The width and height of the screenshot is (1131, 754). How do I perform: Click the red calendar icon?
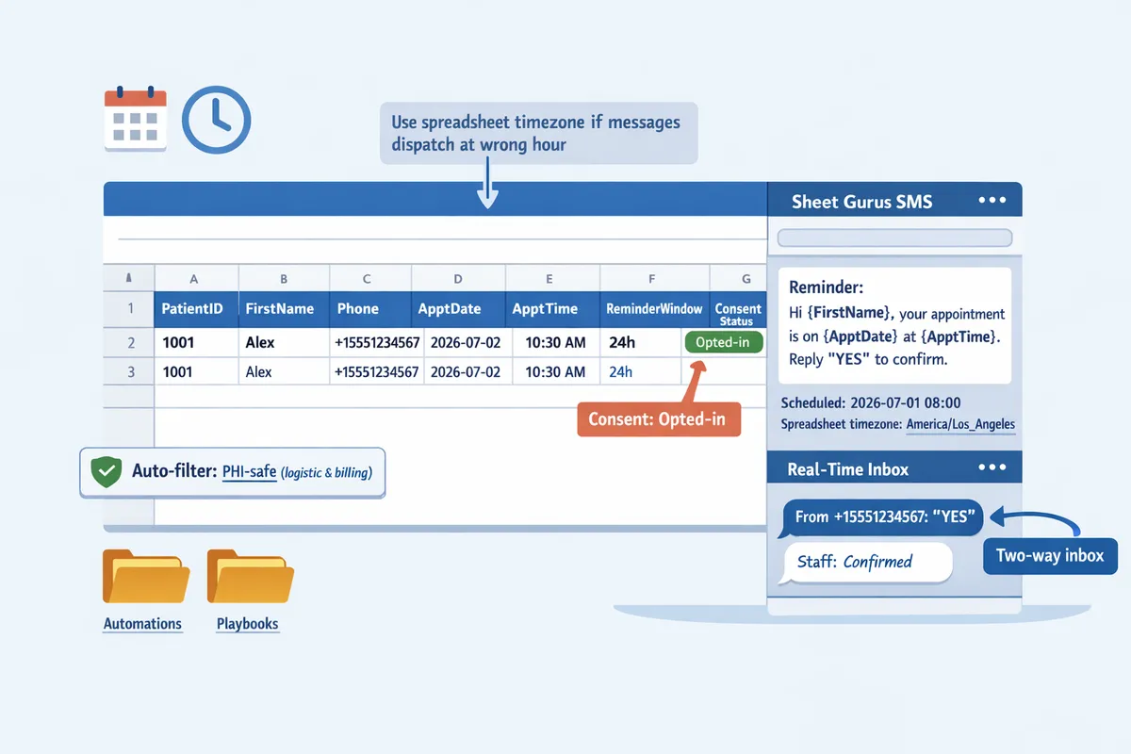point(136,119)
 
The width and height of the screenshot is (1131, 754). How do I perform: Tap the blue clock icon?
point(216,120)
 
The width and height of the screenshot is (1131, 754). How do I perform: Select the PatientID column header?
point(192,308)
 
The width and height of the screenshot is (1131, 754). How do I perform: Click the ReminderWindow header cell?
point(654,308)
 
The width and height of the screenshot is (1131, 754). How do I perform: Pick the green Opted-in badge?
point(723,342)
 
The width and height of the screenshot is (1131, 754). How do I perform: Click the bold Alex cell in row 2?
point(259,342)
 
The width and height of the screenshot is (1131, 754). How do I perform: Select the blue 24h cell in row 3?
point(620,372)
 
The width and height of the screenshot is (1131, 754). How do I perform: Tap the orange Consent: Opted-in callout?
point(659,419)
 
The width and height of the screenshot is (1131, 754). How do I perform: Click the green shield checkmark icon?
point(106,471)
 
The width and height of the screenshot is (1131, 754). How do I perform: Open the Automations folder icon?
point(146,576)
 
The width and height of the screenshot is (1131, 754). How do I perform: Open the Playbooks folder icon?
point(251,576)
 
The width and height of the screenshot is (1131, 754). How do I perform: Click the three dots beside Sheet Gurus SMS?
point(992,200)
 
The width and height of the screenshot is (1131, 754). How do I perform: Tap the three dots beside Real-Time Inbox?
point(992,467)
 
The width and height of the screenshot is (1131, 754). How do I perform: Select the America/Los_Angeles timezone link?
point(960,424)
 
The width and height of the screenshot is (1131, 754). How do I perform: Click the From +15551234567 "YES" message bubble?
point(881,517)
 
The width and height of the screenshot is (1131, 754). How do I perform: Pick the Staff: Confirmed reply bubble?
point(866,563)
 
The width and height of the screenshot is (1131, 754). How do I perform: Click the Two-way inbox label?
point(1050,556)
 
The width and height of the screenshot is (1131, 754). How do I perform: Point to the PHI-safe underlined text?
point(250,471)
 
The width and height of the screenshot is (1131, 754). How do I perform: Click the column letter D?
point(458,279)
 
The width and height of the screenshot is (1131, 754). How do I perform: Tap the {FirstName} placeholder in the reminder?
point(848,313)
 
